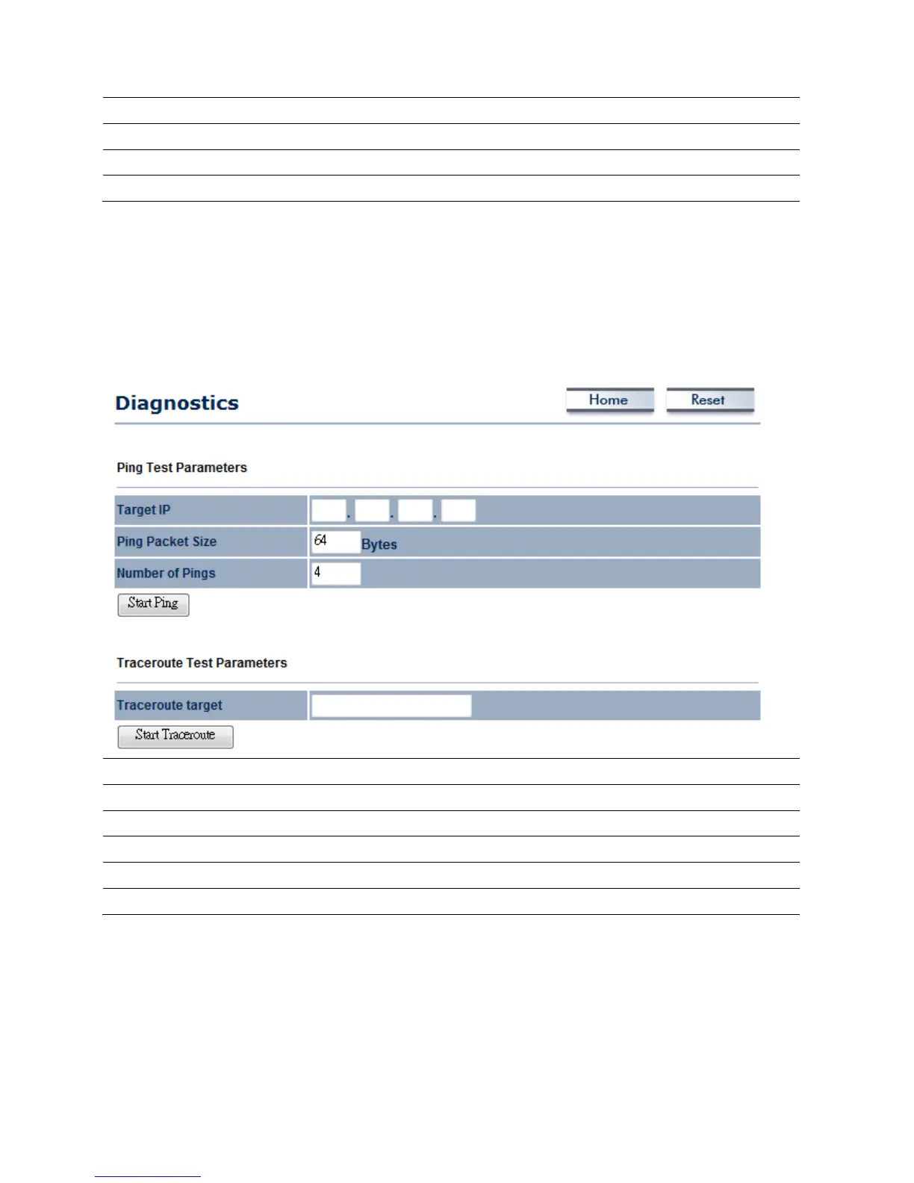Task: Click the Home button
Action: tap(609, 400)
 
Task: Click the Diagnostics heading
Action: tap(177, 403)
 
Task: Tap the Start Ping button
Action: tap(153, 604)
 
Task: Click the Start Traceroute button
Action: tap(175, 736)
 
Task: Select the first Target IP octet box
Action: tap(329, 511)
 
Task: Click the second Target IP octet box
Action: tap(372, 511)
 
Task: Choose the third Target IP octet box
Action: tap(415, 511)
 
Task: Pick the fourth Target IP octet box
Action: tap(458, 511)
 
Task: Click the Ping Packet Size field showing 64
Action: tap(335, 541)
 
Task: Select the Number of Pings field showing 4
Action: tap(335, 573)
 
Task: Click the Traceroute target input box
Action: tap(391, 706)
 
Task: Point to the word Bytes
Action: tap(379, 544)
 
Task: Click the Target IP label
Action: tap(143, 510)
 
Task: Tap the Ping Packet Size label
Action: tap(167, 541)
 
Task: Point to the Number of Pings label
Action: tap(166, 573)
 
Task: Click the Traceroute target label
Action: tap(170, 705)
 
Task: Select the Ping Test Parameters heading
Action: tap(181, 468)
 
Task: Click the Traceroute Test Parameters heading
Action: tap(202, 662)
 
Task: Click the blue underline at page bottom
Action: tap(148, 1176)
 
